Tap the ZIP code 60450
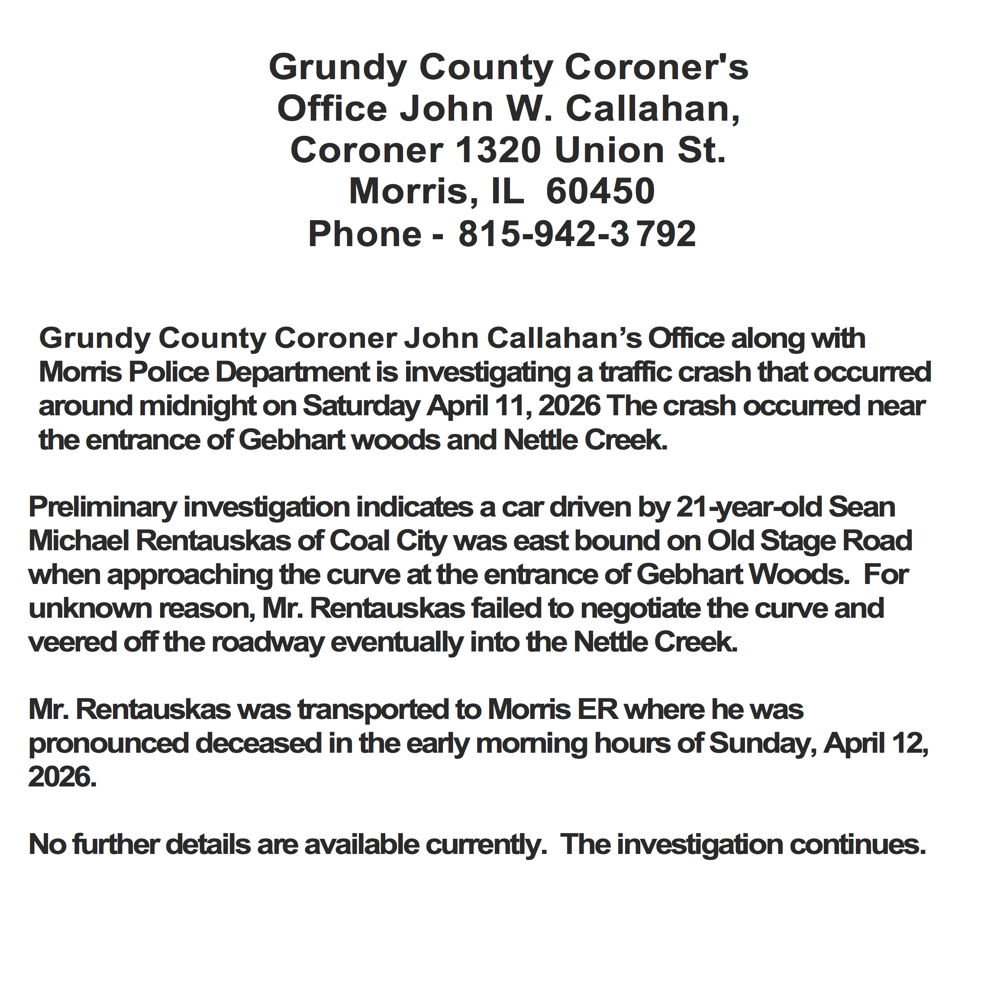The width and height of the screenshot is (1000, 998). [600, 192]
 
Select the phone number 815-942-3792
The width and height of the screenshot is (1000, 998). [577, 234]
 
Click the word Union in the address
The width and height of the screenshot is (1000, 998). [609, 151]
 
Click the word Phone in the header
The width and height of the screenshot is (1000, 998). [365, 234]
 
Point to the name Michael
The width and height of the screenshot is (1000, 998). [79, 541]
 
